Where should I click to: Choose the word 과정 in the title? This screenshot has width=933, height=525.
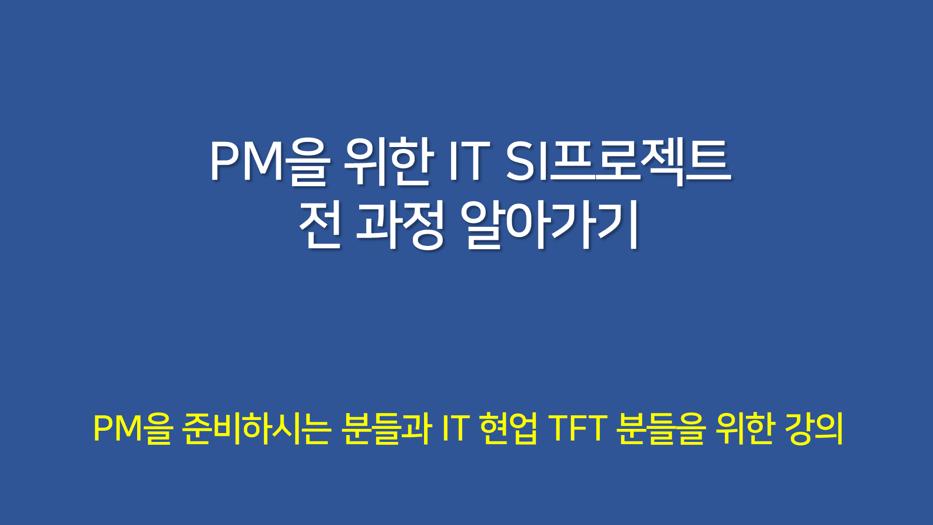pos(400,225)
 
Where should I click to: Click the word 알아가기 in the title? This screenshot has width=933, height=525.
pos(549,225)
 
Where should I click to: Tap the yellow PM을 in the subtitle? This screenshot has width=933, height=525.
pos(133,428)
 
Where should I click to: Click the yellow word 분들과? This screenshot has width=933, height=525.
pos(386,428)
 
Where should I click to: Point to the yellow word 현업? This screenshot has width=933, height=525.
pos(508,428)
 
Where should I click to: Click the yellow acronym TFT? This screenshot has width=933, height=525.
pos(577,427)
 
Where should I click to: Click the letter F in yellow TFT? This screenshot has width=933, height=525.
pos(578,427)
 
